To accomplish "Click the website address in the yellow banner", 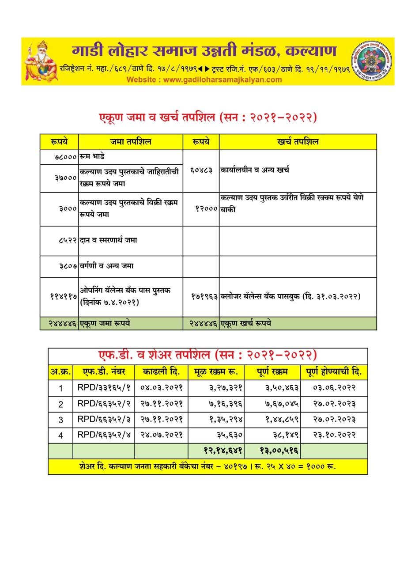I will click(x=204, y=80).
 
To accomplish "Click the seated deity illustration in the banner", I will click(x=41, y=61).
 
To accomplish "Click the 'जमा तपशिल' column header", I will click(x=131, y=142).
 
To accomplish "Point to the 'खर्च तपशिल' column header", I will click(x=298, y=142).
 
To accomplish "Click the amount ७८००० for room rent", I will click(x=65, y=157).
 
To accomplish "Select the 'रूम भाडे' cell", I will click(x=92, y=157).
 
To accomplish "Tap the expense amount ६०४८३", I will click(x=201, y=170).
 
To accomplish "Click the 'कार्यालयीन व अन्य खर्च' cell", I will click(x=255, y=170).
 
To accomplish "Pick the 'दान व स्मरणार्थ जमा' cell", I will click(x=108, y=240).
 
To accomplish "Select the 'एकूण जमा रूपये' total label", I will click(x=105, y=323).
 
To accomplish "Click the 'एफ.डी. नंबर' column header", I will click(x=104, y=372).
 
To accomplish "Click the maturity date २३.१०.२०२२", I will click(x=334, y=435).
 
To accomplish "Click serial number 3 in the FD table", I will click(x=61, y=420).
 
